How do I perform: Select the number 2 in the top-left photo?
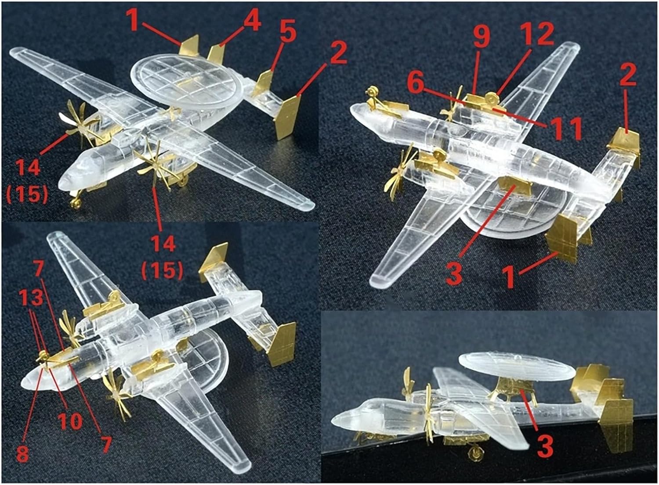pyautogui.click(x=338, y=53)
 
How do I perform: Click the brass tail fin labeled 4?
pyautogui.click(x=216, y=54)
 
